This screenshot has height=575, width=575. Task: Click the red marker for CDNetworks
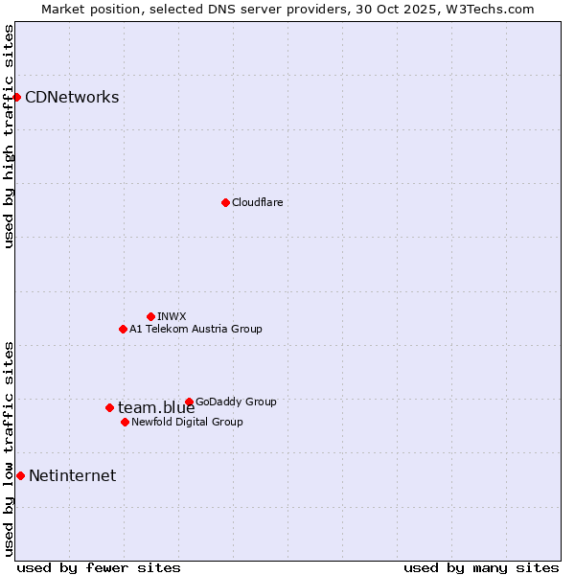click(x=16, y=97)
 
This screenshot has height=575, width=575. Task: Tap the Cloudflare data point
click(x=225, y=202)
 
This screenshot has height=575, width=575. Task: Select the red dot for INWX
click(x=150, y=316)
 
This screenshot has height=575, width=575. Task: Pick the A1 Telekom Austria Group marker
click(x=123, y=329)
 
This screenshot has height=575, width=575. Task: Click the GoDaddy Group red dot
click(x=189, y=402)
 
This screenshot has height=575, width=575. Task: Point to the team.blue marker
click(x=109, y=407)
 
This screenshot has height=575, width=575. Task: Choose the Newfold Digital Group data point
click(x=125, y=422)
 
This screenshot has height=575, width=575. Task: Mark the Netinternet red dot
click(x=20, y=475)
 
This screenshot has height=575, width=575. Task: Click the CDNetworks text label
click(x=72, y=97)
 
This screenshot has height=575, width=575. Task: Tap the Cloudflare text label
click(x=258, y=202)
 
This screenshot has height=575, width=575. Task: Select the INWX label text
click(x=172, y=316)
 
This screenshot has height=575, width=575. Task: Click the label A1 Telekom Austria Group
click(x=195, y=329)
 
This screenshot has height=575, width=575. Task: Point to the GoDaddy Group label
click(x=236, y=402)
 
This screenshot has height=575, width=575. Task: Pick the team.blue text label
click(x=156, y=408)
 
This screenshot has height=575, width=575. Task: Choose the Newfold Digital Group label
click(x=187, y=422)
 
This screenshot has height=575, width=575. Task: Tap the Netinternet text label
click(x=72, y=475)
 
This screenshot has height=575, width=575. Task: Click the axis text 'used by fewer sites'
click(x=99, y=567)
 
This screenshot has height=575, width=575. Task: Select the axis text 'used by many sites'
click(x=481, y=567)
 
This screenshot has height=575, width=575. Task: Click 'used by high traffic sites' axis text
click(x=9, y=136)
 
